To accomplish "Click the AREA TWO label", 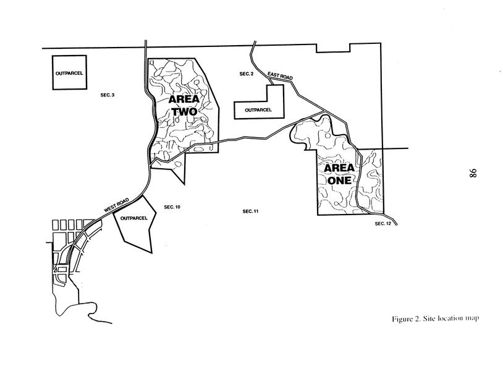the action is pyautogui.click(x=184, y=105).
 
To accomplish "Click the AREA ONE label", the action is pyautogui.click(x=339, y=174).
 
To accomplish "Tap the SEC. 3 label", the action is pyautogui.click(x=108, y=95).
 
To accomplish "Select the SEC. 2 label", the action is pyautogui.click(x=247, y=74).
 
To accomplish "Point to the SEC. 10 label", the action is pyautogui.click(x=172, y=207).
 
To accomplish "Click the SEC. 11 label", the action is pyautogui.click(x=250, y=211).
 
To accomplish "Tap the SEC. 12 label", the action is pyautogui.click(x=383, y=223).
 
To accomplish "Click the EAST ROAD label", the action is pyautogui.click(x=280, y=76).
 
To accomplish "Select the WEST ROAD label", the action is pyautogui.click(x=116, y=205).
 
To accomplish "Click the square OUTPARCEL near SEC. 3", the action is pyautogui.click(x=69, y=73).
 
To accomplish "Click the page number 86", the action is pyautogui.click(x=473, y=173).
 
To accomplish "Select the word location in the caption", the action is pyautogui.click(x=449, y=318).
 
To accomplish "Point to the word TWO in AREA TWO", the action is pyautogui.click(x=184, y=111).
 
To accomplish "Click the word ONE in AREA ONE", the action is pyautogui.click(x=339, y=181).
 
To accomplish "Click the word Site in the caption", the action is pyautogui.click(x=429, y=318).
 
